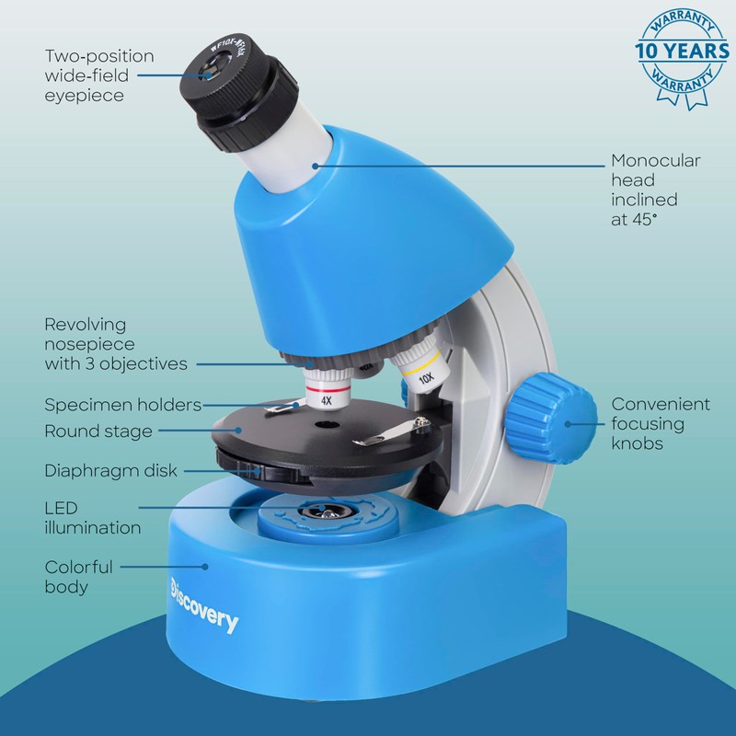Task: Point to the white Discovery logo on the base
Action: pos(203,607)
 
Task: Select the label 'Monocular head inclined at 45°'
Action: pos(655,190)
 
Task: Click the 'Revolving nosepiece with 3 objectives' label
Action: pos(116,344)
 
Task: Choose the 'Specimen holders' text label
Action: pos(122,405)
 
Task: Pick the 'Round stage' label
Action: pos(98,431)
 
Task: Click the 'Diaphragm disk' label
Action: pos(110,470)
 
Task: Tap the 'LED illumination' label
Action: pos(92,518)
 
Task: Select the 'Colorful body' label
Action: pos(78,577)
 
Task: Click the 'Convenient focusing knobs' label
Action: pos(661,423)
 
